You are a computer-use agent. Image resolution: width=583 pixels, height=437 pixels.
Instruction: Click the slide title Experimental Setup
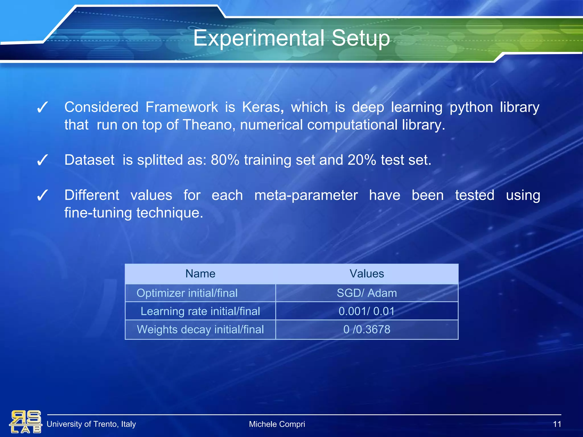point(291,38)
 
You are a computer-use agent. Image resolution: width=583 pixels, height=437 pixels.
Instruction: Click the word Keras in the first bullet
point(262,108)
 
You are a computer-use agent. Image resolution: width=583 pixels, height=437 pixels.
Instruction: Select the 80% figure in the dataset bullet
point(225,160)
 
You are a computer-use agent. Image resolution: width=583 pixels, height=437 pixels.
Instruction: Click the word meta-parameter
point(306,195)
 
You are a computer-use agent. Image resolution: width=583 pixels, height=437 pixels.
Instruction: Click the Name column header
point(200,274)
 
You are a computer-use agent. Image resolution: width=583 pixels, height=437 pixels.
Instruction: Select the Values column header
point(367,274)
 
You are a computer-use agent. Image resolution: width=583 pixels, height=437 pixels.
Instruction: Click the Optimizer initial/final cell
point(187,293)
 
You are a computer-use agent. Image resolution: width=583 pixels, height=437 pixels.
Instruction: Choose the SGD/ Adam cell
point(367,293)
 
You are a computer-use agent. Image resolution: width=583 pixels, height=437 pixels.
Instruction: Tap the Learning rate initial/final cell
point(200,311)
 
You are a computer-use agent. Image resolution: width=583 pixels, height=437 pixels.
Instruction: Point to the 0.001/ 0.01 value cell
point(367,311)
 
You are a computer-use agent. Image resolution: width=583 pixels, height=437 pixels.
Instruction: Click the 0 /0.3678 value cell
point(367,329)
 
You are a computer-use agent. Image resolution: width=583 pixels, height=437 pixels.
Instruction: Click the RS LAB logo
point(26,422)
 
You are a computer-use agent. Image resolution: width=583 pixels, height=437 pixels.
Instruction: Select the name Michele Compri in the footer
point(277,424)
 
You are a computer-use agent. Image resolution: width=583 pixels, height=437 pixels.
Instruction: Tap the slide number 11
point(557,424)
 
